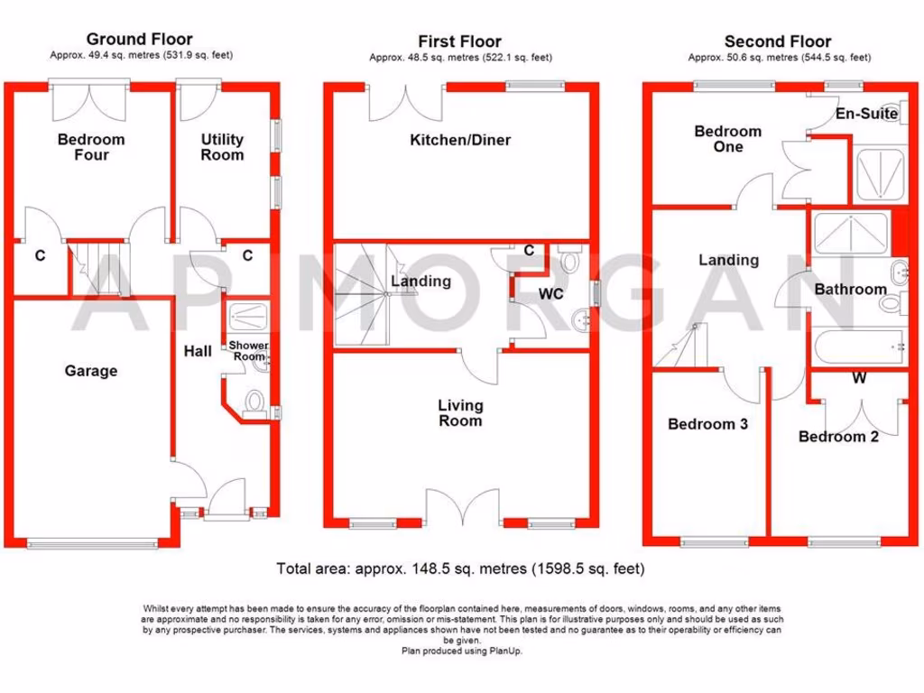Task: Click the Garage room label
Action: tap(90, 371)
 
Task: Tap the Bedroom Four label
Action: tap(91, 147)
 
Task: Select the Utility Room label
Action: tap(222, 147)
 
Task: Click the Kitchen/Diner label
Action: tap(460, 140)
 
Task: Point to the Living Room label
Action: tap(460, 413)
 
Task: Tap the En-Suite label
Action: tap(866, 114)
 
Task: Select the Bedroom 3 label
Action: tap(707, 424)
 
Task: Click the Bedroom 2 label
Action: tap(838, 437)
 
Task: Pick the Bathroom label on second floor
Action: tap(850, 290)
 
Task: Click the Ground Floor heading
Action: tap(139, 39)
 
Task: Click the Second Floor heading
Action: tap(778, 42)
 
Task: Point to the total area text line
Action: tap(460, 569)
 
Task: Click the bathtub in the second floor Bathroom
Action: tap(857, 347)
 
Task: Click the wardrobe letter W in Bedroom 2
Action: tap(859, 379)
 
